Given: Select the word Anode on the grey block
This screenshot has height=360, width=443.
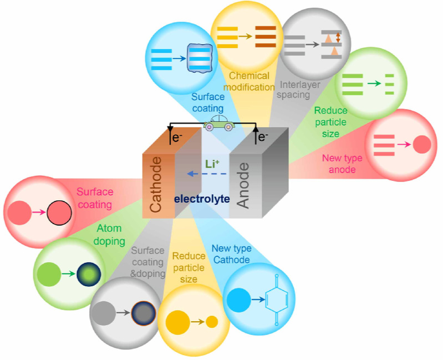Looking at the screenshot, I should [242, 185].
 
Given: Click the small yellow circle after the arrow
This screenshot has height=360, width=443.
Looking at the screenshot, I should [212, 321].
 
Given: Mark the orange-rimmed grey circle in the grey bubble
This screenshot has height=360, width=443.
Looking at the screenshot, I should [143, 312].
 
